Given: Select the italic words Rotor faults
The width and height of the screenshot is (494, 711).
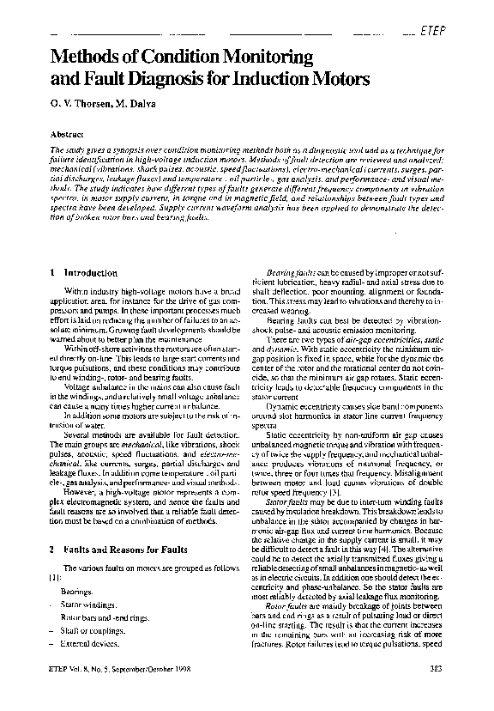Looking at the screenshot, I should (284, 606).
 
